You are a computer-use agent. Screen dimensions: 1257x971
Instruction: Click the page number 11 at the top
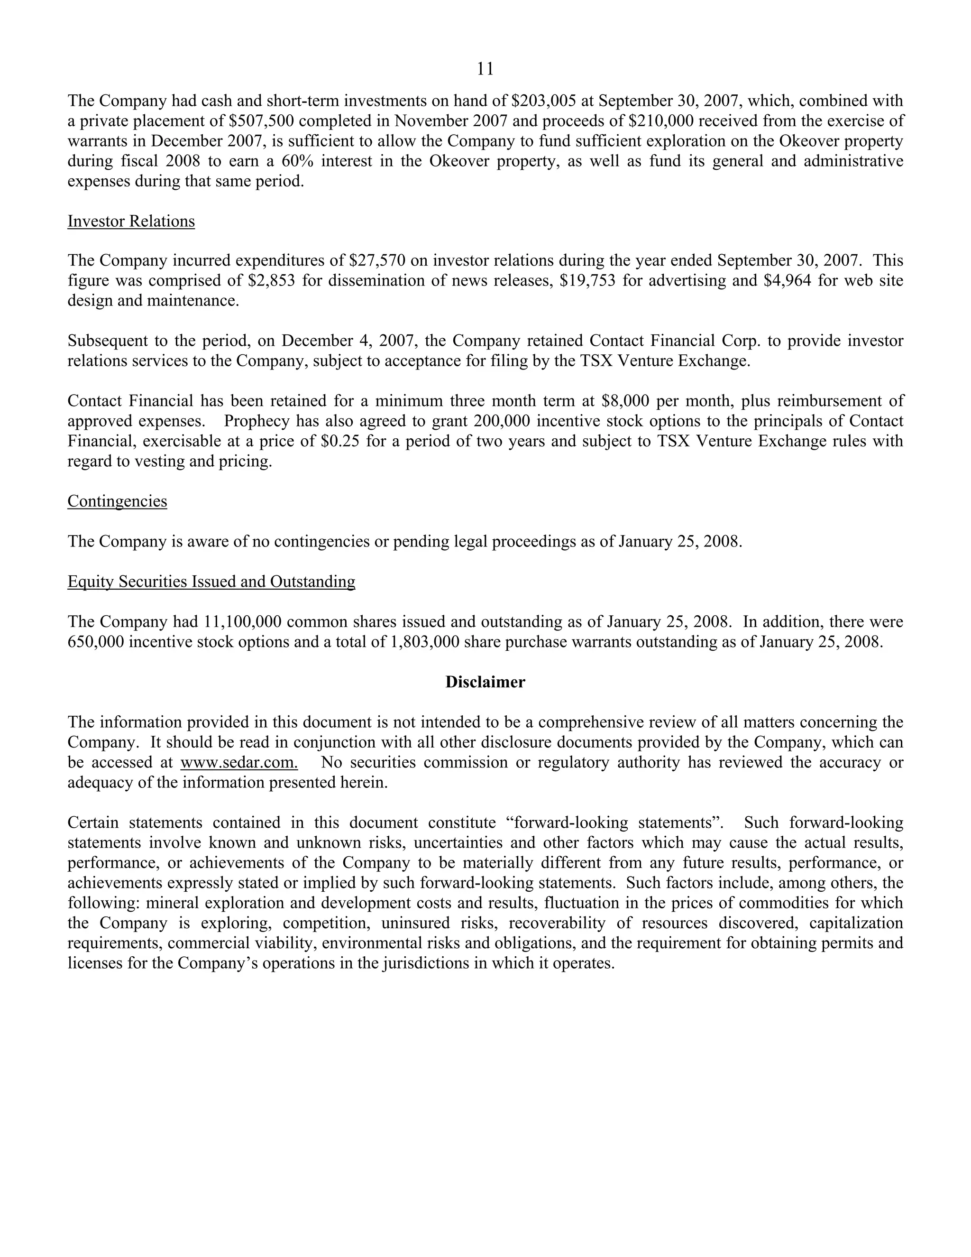(x=485, y=69)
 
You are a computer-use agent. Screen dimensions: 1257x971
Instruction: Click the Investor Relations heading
(x=131, y=221)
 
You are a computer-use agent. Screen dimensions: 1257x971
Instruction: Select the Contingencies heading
(x=118, y=501)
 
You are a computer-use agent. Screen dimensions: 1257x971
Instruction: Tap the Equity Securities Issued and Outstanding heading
(x=211, y=582)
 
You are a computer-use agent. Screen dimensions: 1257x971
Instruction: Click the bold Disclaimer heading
(x=485, y=682)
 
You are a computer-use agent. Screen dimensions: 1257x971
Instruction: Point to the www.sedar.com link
(x=239, y=762)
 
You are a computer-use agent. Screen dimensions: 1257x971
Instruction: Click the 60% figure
(x=297, y=161)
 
